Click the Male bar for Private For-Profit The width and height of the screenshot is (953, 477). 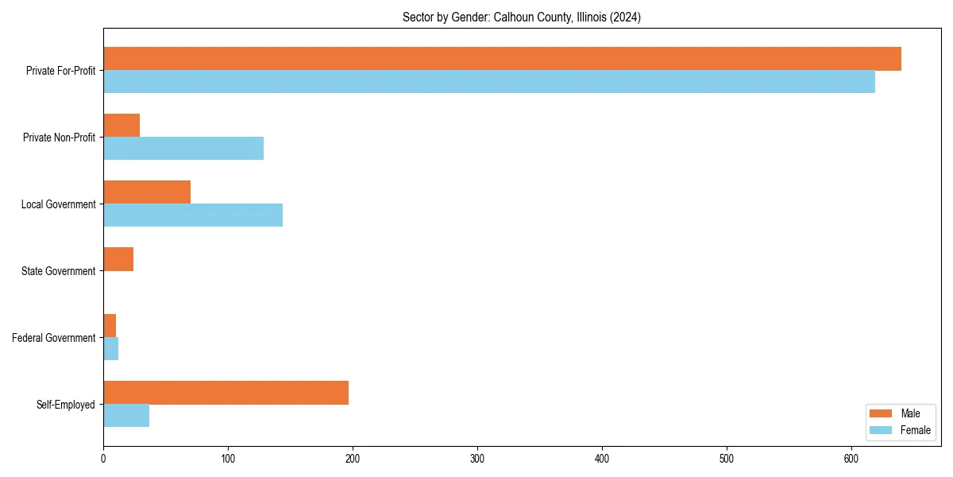(x=502, y=59)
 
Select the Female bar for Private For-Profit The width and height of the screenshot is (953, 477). (x=489, y=82)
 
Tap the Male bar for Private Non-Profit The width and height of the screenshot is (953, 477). (x=122, y=126)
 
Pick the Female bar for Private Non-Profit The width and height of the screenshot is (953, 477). (x=183, y=149)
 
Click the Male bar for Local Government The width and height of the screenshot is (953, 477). (x=147, y=192)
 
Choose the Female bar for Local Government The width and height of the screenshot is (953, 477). (x=193, y=215)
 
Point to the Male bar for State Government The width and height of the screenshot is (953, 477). (x=118, y=259)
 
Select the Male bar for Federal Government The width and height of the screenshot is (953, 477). (x=110, y=326)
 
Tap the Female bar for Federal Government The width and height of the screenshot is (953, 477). (x=111, y=349)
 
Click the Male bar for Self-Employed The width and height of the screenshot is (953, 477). (x=226, y=393)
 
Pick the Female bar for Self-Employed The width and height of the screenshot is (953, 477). (x=126, y=416)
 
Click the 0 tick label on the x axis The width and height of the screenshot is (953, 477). (x=103, y=459)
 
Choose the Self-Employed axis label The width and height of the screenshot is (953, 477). (x=66, y=405)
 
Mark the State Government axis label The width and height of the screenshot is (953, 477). (x=59, y=271)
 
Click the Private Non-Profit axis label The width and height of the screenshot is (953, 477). (x=59, y=138)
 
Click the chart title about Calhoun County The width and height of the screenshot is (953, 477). (x=522, y=17)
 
